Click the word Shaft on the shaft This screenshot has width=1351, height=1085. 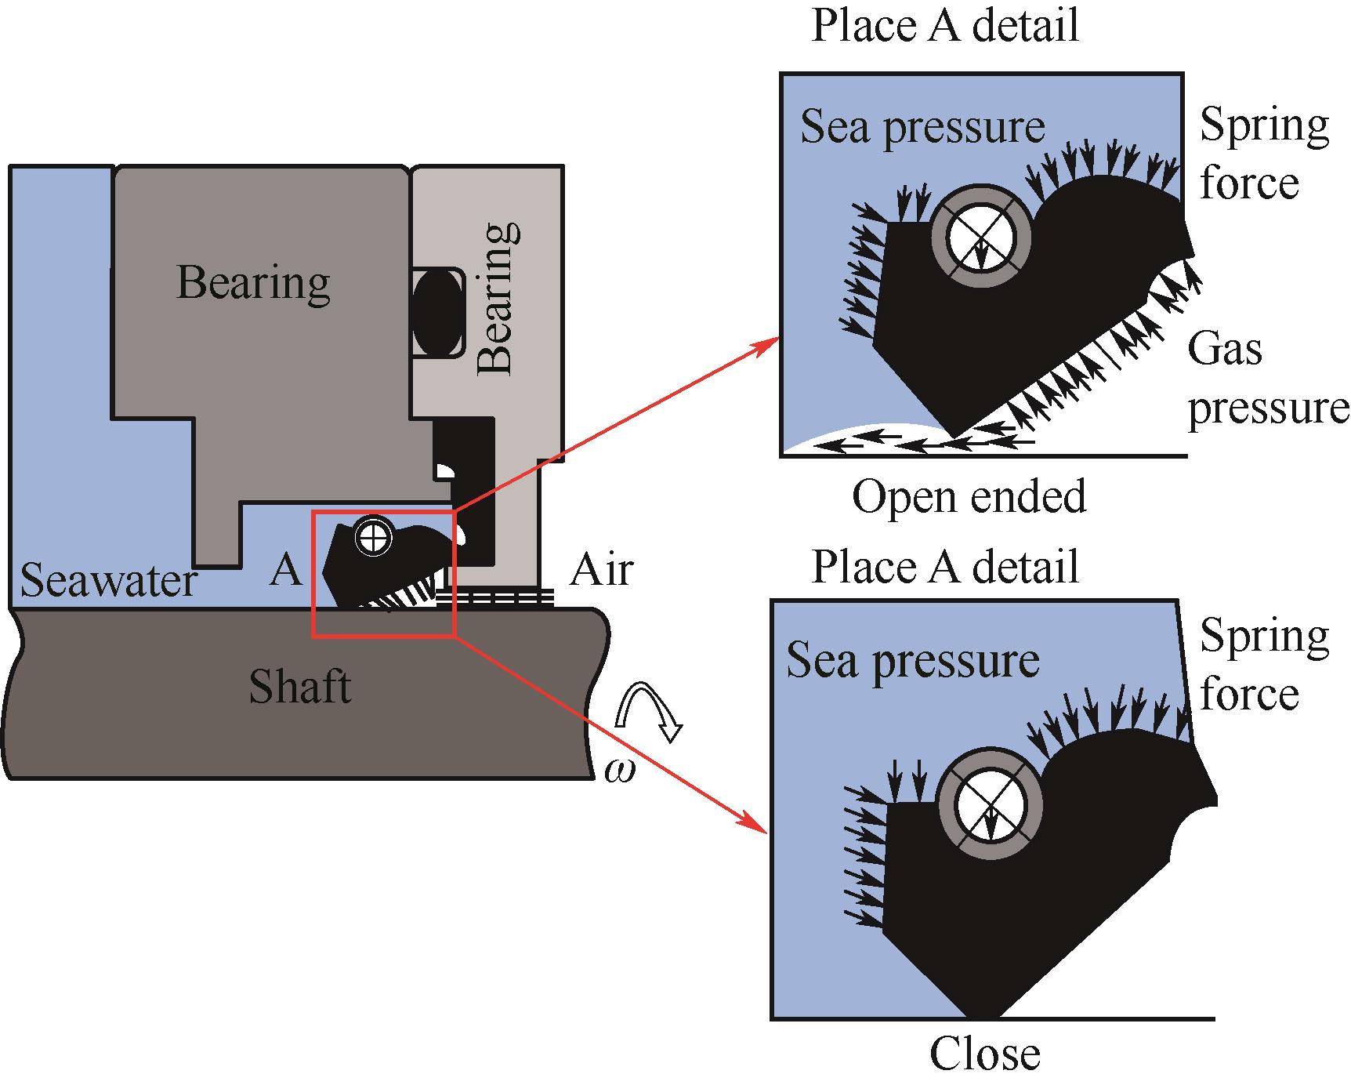(299, 687)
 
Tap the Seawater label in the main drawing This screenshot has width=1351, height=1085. (108, 581)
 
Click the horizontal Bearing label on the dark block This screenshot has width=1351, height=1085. (253, 282)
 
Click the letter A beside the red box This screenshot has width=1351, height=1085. (285, 570)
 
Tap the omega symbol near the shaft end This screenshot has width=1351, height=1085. (621, 771)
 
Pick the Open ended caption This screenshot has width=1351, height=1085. (969, 496)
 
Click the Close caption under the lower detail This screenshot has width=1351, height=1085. (984, 1054)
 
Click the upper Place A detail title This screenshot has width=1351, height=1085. (945, 24)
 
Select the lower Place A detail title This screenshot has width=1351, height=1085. (945, 565)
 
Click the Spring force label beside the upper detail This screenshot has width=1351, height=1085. (1263, 154)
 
